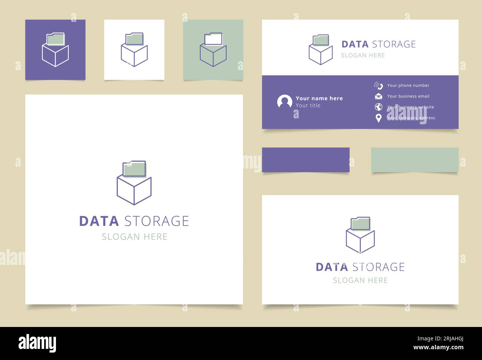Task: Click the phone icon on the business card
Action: (x=378, y=86)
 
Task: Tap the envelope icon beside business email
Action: (x=378, y=96)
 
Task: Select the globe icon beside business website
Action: (x=378, y=107)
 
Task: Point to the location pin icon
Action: (x=378, y=118)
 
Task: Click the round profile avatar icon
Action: (x=284, y=102)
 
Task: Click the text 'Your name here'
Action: (x=319, y=98)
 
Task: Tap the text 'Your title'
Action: (x=308, y=105)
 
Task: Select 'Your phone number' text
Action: (x=408, y=85)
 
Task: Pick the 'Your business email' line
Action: (x=408, y=96)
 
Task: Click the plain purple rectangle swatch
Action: (x=306, y=160)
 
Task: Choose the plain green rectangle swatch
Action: (x=415, y=160)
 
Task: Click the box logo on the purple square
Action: (x=55, y=50)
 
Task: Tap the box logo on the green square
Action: (x=213, y=50)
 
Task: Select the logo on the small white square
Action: (x=134, y=50)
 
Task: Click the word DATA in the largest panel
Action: (x=99, y=221)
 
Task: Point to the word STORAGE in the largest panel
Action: (x=156, y=221)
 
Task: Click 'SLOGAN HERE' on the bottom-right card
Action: (x=360, y=280)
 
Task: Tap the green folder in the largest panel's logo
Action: (x=134, y=169)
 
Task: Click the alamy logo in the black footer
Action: (x=37, y=343)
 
